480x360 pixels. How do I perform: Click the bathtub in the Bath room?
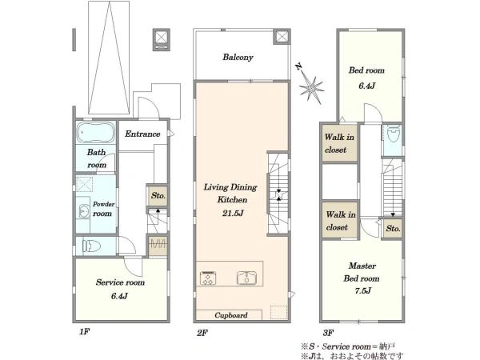[95, 133]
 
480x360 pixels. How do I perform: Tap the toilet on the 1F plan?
[91, 246]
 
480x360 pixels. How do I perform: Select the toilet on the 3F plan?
[393, 134]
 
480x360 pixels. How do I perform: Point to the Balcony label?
[238, 58]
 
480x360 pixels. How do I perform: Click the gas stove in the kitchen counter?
[207, 278]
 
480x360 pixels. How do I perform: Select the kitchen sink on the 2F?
[246, 278]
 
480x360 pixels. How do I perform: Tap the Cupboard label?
[231, 315]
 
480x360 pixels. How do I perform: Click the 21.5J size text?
[233, 213]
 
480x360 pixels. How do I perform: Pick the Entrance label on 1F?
[142, 134]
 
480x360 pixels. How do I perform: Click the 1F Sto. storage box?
[158, 195]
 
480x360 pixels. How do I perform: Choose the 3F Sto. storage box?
[393, 228]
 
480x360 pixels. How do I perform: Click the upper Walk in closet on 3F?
[339, 143]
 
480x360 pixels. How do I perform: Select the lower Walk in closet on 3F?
[340, 220]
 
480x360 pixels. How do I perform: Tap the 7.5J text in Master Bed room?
[362, 290]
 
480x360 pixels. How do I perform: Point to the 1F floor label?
[84, 331]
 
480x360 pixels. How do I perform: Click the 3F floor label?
[328, 333]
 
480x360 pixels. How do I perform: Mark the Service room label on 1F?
[120, 282]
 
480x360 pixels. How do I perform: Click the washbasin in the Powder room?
[83, 211]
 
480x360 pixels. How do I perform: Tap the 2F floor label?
[202, 333]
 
